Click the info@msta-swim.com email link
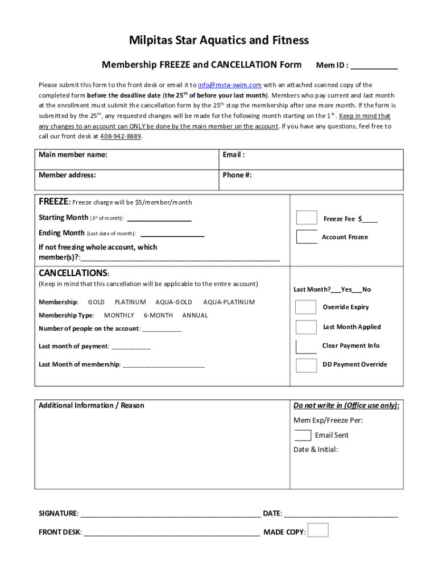pos(229,85)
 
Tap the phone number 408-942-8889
pos(121,136)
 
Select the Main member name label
pos(73,155)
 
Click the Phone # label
pos(237,175)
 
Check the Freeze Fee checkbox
pos(307,218)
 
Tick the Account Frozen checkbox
pos(307,236)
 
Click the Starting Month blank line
pos(159,219)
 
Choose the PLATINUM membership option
pos(130,302)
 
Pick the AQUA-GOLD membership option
pos(173,302)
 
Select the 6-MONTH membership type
pos(158,315)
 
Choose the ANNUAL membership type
pos(195,315)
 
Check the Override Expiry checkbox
pos(306,307)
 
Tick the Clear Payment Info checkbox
pos(306,346)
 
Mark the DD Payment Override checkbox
pos(306,365)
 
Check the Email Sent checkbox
pos(303,435)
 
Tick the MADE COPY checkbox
pos(318,530)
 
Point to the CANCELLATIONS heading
pos(73,273)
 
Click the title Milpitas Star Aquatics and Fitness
pos(219,40)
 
